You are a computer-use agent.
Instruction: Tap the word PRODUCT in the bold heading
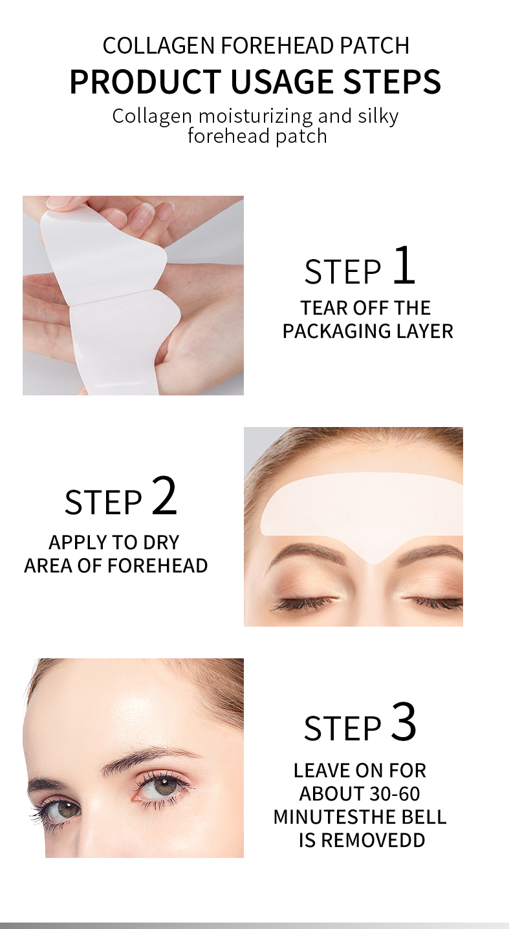[145, 82]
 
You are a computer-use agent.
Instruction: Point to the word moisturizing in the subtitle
[255, 116]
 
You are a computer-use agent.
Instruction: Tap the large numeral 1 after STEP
[404, 266]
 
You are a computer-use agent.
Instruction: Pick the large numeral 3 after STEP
[404, 723]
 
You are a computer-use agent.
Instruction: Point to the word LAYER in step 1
[424, 331]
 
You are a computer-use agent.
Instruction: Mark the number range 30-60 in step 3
[386, 793]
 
